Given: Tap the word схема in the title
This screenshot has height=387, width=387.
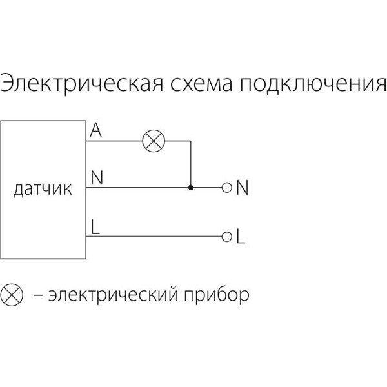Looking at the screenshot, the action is pyautogui.click(x=201, y=84).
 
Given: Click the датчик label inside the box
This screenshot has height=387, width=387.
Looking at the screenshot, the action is pyautogui.click(x=43, y=189).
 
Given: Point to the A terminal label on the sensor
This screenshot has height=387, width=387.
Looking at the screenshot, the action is pyautogui.click(x=95, y=130).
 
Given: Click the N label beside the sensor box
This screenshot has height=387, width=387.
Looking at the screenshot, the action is pyautogui.click(x=97, y=178).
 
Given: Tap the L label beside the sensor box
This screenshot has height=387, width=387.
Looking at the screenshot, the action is pyautogui.click(x=95, y=227).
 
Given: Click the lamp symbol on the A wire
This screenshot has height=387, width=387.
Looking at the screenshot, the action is pyautogui.click(x=154, y=141).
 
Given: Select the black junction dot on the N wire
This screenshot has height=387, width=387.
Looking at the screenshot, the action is pyautogui.click(x=190, y=188).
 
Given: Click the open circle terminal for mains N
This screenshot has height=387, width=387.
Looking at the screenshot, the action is pyautogui.click(x=226, y=188).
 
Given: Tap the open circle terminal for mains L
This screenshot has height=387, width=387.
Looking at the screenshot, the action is pyautogui.click(x=226, y=237).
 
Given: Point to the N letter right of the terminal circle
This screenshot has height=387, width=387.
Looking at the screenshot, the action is pyautogui.click(x=242, y=188).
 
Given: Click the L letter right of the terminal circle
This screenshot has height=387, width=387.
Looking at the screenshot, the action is pyautogui.click(x=241, y=237).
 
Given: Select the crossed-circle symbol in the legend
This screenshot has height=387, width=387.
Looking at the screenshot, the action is pyautogui.click(x=12, y=295).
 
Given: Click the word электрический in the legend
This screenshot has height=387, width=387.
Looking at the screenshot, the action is pyautogui.click(x=114, y=295).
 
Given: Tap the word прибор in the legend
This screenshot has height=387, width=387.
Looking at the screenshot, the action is pyautogui.click(x=217, y=295).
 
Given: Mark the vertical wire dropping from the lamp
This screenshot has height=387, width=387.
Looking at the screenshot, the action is pyautogui.click(x=190, y=164).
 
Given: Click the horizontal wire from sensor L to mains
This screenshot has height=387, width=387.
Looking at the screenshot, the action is pyautogui.click(x=154, y=237).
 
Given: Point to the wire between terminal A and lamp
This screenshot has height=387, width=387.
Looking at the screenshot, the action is pyautogui.click(x=114, y=141).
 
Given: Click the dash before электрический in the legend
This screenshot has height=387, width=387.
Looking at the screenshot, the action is pyautogui.click(x=38, y=295).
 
